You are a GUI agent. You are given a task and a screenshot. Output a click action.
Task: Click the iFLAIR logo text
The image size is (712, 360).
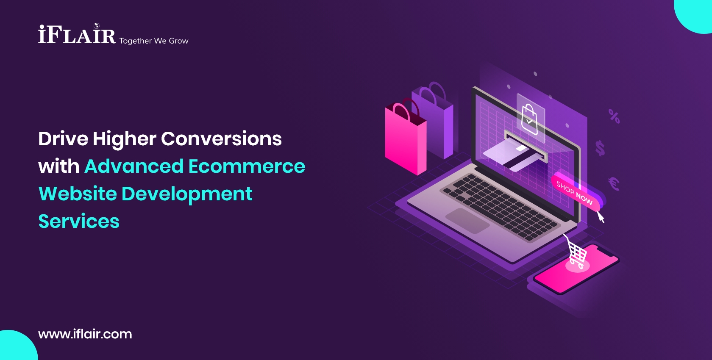[77, 35]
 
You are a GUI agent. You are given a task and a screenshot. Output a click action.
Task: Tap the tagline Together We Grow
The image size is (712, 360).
[154, 41]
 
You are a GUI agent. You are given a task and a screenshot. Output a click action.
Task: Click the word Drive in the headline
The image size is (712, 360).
[63, 139]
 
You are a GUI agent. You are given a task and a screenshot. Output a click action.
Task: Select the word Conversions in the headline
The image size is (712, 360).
[221, 139]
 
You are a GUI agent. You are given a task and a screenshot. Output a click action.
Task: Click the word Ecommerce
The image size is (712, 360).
[247, 166]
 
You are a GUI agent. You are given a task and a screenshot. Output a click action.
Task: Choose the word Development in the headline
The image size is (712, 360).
[187, 194]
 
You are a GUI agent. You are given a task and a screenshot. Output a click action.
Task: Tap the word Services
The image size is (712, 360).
[79, 222]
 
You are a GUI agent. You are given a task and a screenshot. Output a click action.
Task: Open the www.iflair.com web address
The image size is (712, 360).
[85, 334]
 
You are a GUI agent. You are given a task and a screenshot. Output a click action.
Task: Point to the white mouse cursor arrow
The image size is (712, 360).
[601, 217]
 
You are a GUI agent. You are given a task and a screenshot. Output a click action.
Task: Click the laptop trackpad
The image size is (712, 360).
[467, 220]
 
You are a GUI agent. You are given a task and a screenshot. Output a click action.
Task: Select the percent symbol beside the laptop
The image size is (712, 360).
[614, 116]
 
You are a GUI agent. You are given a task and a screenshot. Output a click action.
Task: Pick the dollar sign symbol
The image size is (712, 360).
[600, 148]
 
